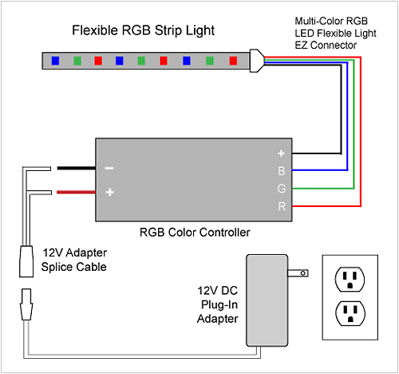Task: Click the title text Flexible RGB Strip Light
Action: click(144, 32)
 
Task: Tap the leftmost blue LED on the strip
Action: click(55, 60)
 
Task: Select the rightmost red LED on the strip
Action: click(232, 60)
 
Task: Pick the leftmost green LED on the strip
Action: click(77, 60)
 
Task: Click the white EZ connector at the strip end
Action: click(255, 59)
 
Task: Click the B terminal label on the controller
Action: click(281, 170)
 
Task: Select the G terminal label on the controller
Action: click(281, 189)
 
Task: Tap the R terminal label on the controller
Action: click(281, 207)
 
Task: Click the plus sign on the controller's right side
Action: click(281, 153)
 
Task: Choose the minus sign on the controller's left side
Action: click(109, 169)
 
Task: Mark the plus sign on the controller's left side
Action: click(109, 193)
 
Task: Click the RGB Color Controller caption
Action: click(196, 233)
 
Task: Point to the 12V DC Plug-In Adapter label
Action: click(217, 304)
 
